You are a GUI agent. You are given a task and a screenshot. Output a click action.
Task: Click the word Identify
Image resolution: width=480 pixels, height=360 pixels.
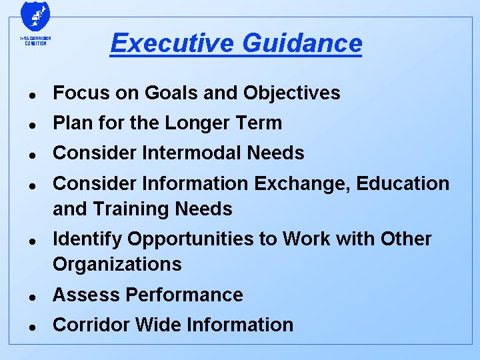click(87, 239)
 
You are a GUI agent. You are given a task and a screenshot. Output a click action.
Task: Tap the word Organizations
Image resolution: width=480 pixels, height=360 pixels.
click(117, 265)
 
